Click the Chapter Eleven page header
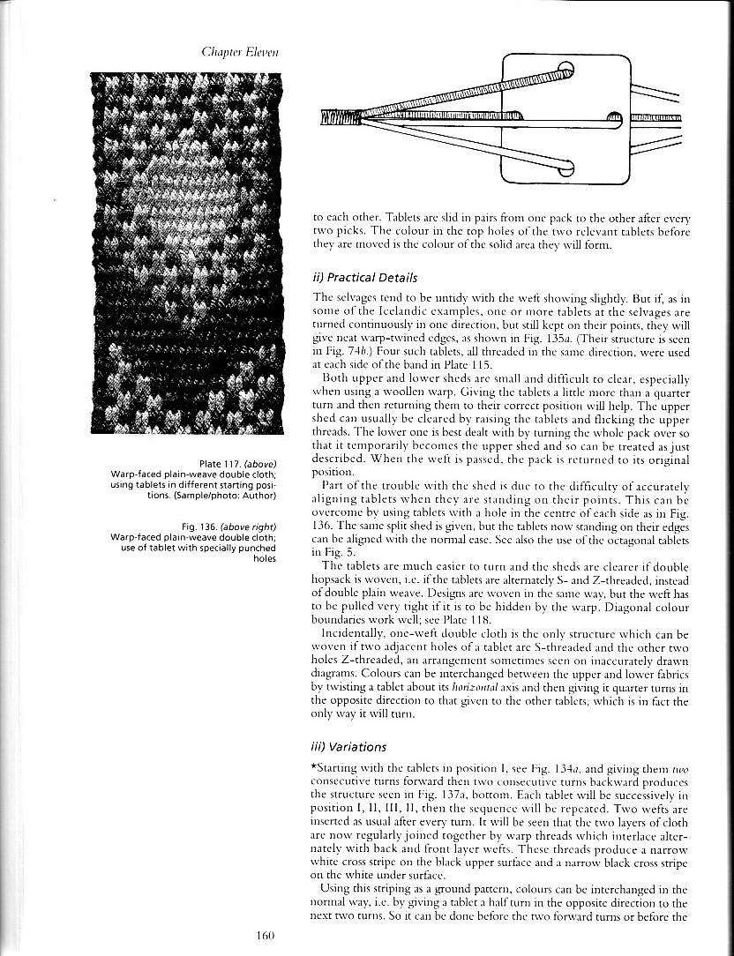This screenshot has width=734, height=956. pos(240,52)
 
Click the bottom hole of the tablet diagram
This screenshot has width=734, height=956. pos(565,167)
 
